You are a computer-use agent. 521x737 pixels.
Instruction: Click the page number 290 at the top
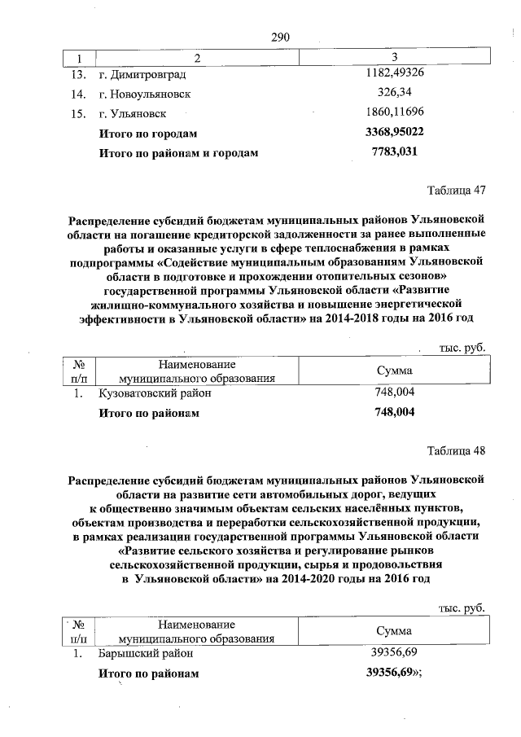279,37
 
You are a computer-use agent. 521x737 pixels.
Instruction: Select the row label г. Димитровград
140,75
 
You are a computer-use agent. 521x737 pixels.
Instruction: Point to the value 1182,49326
394,74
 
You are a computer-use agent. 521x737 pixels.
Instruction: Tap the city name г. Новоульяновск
145,94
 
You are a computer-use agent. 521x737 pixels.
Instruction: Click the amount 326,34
394,93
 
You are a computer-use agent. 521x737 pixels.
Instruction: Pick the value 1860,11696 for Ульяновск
394,112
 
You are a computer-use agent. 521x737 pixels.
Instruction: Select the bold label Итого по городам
147,132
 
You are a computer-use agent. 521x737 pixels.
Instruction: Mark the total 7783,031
394,151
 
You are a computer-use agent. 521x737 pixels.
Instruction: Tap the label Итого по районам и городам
177,151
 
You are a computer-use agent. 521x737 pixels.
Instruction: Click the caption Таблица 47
457,191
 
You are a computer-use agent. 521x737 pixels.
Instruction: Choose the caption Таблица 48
457,450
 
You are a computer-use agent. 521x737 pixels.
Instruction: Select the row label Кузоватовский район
155,393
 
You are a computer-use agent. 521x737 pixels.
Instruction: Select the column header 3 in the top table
394,58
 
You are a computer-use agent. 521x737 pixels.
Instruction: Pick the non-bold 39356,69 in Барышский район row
394,652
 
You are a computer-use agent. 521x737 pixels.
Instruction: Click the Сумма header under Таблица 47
394,371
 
